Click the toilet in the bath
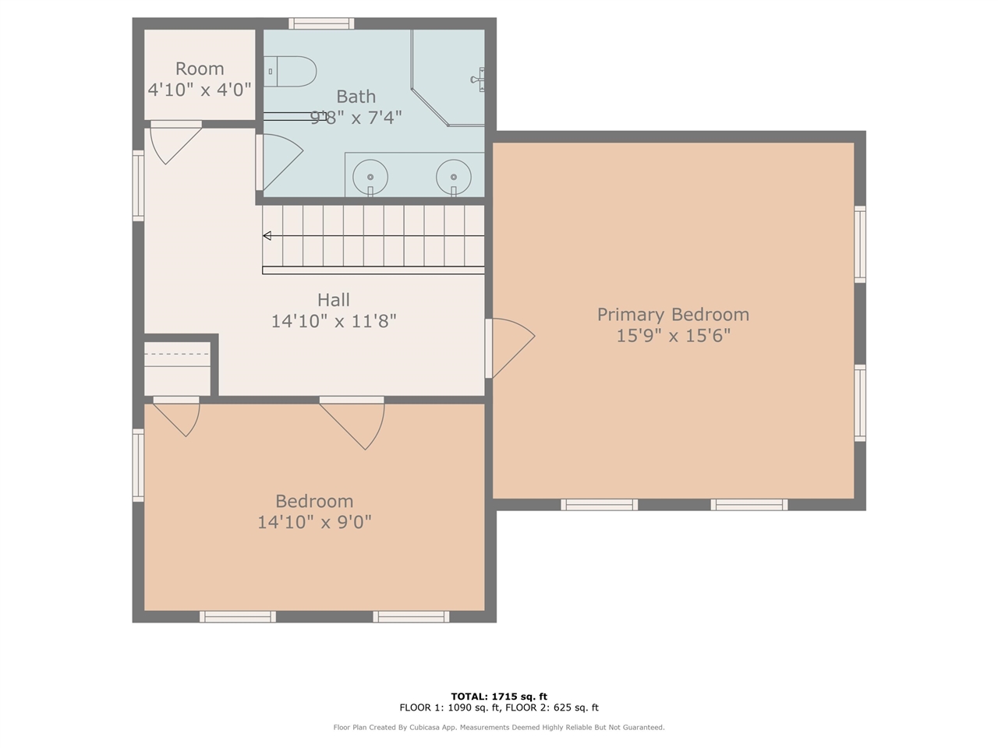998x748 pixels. pos(289,72)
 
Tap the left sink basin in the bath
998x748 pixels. pos(370,177)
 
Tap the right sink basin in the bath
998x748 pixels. pos(453,177)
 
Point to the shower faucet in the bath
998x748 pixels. pos(477,79)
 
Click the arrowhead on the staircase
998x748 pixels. pos(267,236)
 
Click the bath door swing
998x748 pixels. pos(283,162)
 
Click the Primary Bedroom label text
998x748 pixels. pos(673,314)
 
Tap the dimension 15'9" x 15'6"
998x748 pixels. pos(673,336)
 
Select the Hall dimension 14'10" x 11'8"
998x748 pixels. pos(334,322)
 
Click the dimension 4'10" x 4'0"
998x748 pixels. pos(200,90)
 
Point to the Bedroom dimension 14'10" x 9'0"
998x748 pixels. pos(315,522)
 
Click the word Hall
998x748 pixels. pos(334,300)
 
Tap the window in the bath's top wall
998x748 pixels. pos(321,23)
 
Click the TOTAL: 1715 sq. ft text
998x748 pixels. pos(499,697)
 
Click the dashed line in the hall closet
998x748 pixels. pos(176,355)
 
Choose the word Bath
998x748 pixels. pos(356,97)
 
